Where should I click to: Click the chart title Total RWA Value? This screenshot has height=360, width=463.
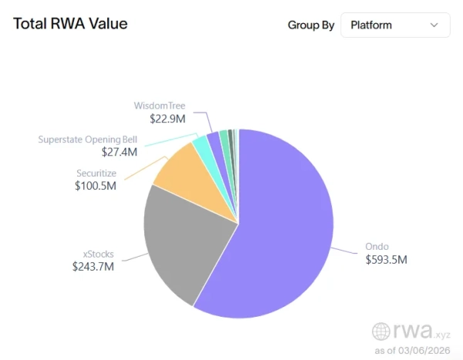tap(70, 23)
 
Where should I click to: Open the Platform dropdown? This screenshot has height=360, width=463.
tap(394, 25)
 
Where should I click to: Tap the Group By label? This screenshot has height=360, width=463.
tap(311, 25)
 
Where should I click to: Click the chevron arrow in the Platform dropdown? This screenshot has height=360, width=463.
tap(434, 25)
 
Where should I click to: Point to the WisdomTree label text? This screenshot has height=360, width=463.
tap(160, 106)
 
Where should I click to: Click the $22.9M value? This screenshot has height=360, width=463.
tap(167, 119)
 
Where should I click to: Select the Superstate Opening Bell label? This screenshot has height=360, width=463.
tap(88, 140)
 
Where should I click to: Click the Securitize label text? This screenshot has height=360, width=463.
tap(96, 173)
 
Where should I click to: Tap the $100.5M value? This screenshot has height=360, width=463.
tap(95, 186)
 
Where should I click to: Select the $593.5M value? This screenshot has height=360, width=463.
tap(386, 260)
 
